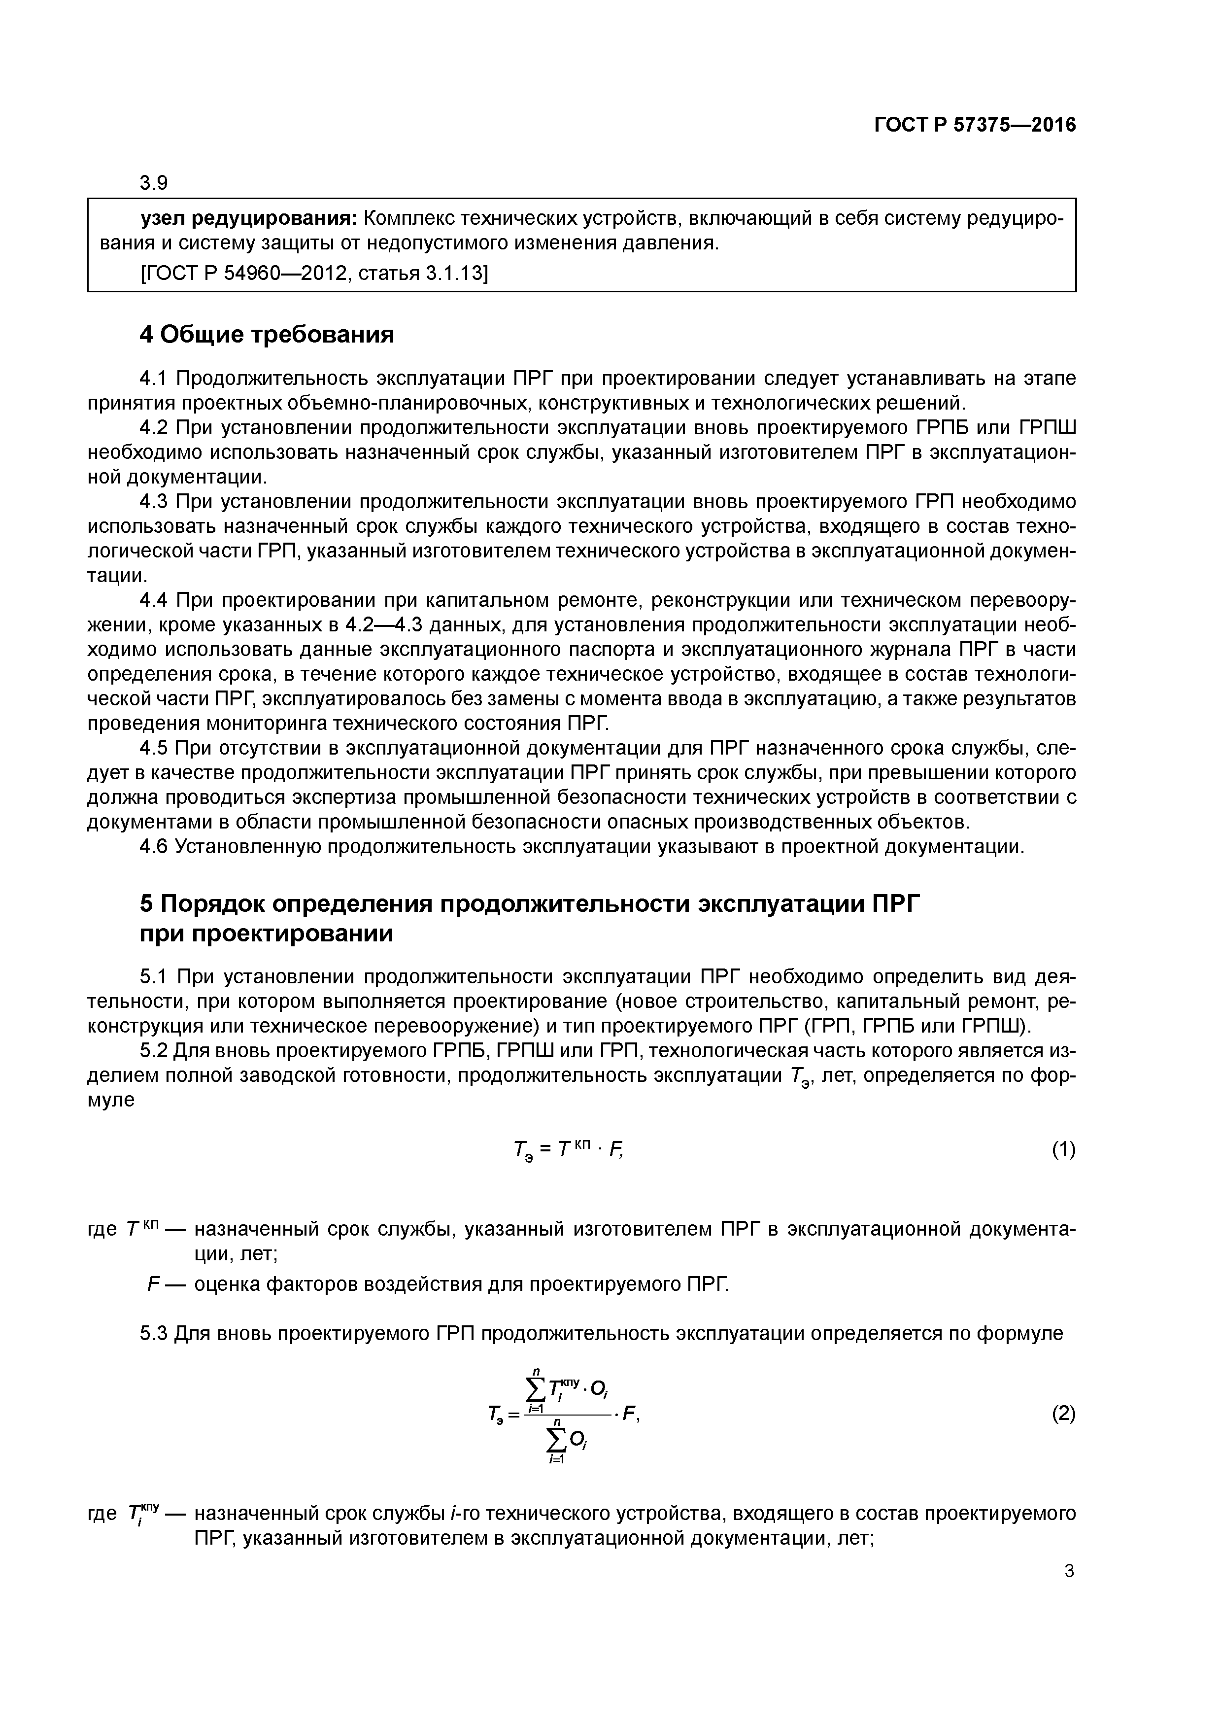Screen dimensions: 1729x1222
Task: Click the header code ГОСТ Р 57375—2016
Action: point(974,125)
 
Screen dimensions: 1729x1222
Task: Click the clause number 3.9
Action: point(154,183)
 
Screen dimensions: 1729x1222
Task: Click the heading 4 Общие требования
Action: point(267,334)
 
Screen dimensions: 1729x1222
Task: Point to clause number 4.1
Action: point(154,377)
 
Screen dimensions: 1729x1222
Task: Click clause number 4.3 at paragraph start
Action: point(154,502)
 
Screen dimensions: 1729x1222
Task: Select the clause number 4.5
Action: point(154,748)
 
